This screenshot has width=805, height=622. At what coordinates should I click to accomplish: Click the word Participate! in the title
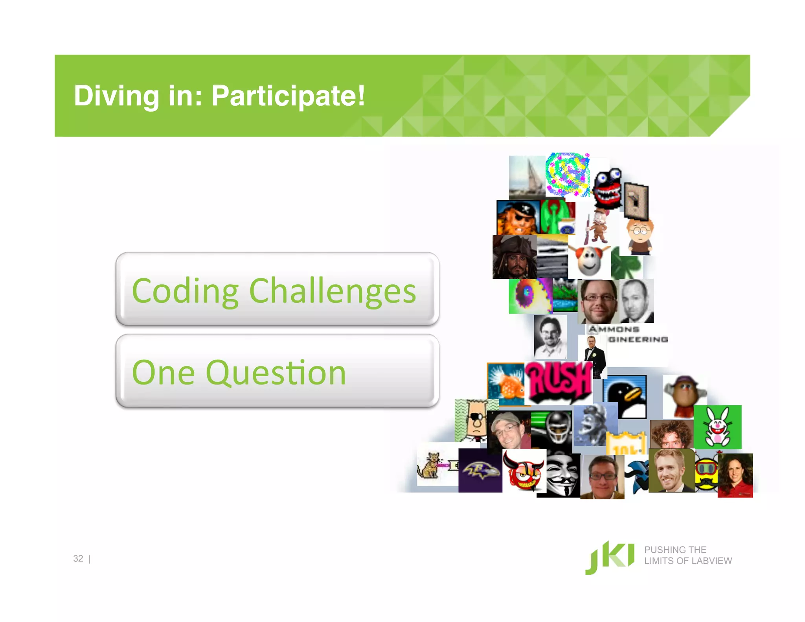coord(288,96)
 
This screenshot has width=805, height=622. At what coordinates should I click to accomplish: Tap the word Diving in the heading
coord(116,96)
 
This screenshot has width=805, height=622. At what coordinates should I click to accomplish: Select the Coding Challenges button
coord(277,290)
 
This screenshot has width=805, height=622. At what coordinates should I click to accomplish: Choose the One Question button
coord(277,372)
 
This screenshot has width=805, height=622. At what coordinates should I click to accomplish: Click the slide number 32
coord(78,559)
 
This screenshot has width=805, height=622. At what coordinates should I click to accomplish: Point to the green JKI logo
coord(610,558)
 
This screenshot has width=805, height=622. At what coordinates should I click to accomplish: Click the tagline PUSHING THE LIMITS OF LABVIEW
coord(687,555)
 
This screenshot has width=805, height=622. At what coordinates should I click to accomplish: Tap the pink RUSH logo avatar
coord(559,381)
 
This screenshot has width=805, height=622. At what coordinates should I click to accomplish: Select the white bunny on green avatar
coord(718,427)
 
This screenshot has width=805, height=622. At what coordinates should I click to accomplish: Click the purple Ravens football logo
coord(480,471)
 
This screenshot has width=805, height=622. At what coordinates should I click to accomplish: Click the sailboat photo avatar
coord(527,177)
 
